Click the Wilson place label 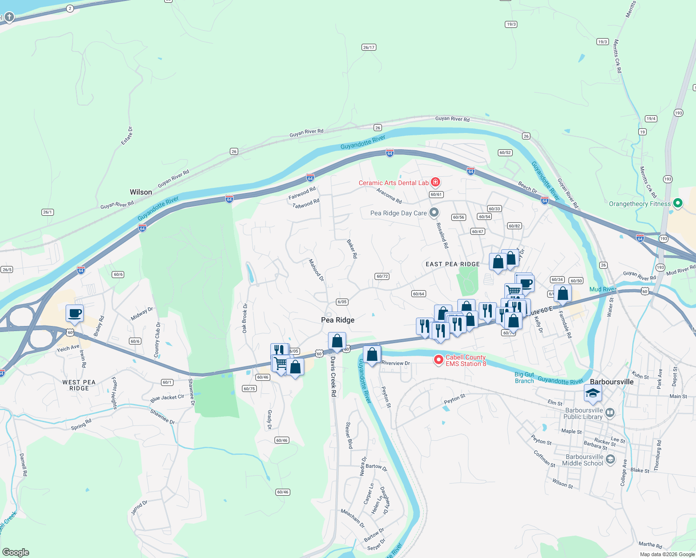click(141, 192)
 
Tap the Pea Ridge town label click(338, 320)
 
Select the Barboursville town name click(611, 382)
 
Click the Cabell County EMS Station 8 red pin click(438, 360)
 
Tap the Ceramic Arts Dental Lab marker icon click(435, 182)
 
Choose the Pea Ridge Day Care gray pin click(434, 213)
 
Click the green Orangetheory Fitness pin click(678, 203)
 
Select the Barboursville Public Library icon click(610, 413)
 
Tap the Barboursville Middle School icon click(610, 459)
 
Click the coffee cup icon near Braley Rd click(74, 313)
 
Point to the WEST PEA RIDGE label click(79, 385)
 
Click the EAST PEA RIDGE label click(453, 264)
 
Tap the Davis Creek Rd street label click(333, 376)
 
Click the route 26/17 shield click(368, 47)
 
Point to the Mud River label click(602, 289)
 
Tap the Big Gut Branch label click(524, 378)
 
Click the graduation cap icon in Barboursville click(593, 393)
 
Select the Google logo click(15, 552)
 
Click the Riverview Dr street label click(395, 363)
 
